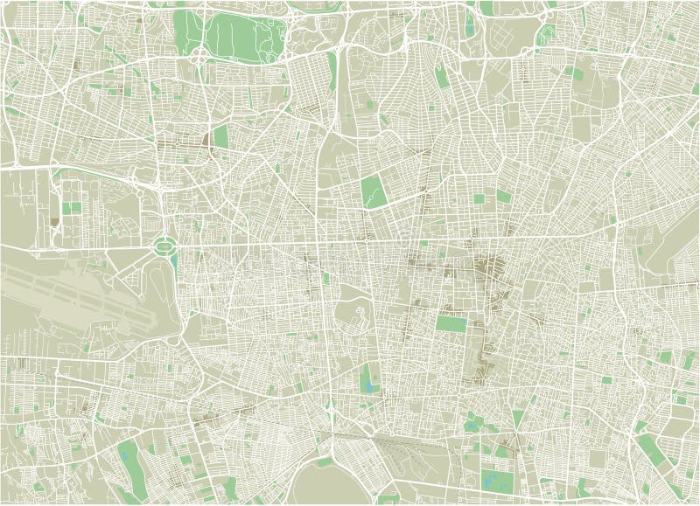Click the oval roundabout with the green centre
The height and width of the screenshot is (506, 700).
162,247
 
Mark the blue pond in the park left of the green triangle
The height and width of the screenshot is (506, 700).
473,426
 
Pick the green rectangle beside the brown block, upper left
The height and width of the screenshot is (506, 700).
218,136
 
